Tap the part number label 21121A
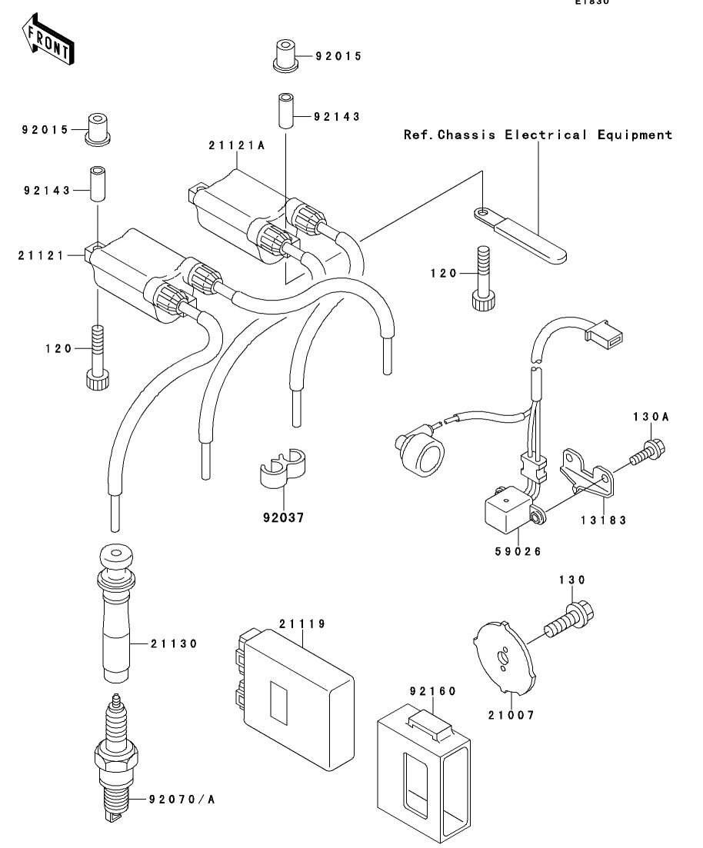[237, 145]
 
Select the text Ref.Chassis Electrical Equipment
[538, 135]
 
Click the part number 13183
[604, 520]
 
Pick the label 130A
[651, 417]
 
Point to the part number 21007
[511, 715]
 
